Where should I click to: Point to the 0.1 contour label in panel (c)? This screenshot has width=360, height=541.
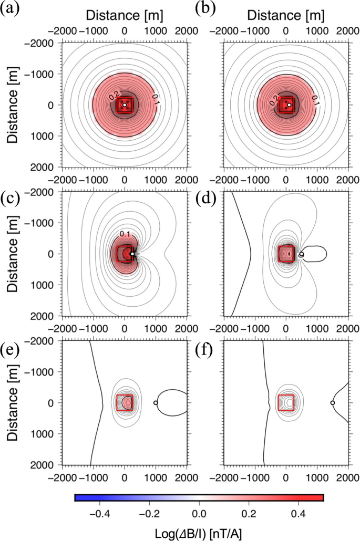tap(125, 233)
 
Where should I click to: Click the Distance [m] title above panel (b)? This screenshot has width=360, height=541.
tap(285, 13)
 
